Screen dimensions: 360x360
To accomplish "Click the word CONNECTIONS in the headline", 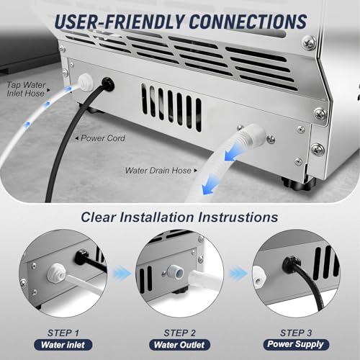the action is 248,22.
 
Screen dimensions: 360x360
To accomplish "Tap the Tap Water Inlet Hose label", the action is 26,89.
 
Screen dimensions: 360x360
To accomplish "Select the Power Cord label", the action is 103,138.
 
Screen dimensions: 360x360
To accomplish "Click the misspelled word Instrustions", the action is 238,217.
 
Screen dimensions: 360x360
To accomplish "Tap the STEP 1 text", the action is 63,333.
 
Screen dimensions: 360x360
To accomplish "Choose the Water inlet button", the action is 63,345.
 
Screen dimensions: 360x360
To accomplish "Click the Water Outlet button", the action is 179,345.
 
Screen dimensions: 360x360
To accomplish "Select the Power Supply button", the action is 295,344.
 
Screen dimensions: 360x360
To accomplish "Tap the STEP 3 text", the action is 296,333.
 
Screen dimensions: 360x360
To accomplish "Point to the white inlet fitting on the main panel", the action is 84,83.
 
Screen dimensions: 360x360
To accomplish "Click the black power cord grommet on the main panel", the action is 107,84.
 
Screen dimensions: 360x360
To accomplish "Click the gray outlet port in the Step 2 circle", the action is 176,272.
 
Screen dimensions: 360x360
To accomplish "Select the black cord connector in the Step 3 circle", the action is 291,264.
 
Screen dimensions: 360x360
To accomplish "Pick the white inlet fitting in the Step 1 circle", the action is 57,271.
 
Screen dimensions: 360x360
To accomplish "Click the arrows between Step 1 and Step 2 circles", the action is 122,273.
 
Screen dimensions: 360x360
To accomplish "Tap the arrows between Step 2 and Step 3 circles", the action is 238,273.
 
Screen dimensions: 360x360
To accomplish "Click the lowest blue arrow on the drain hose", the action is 210,185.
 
